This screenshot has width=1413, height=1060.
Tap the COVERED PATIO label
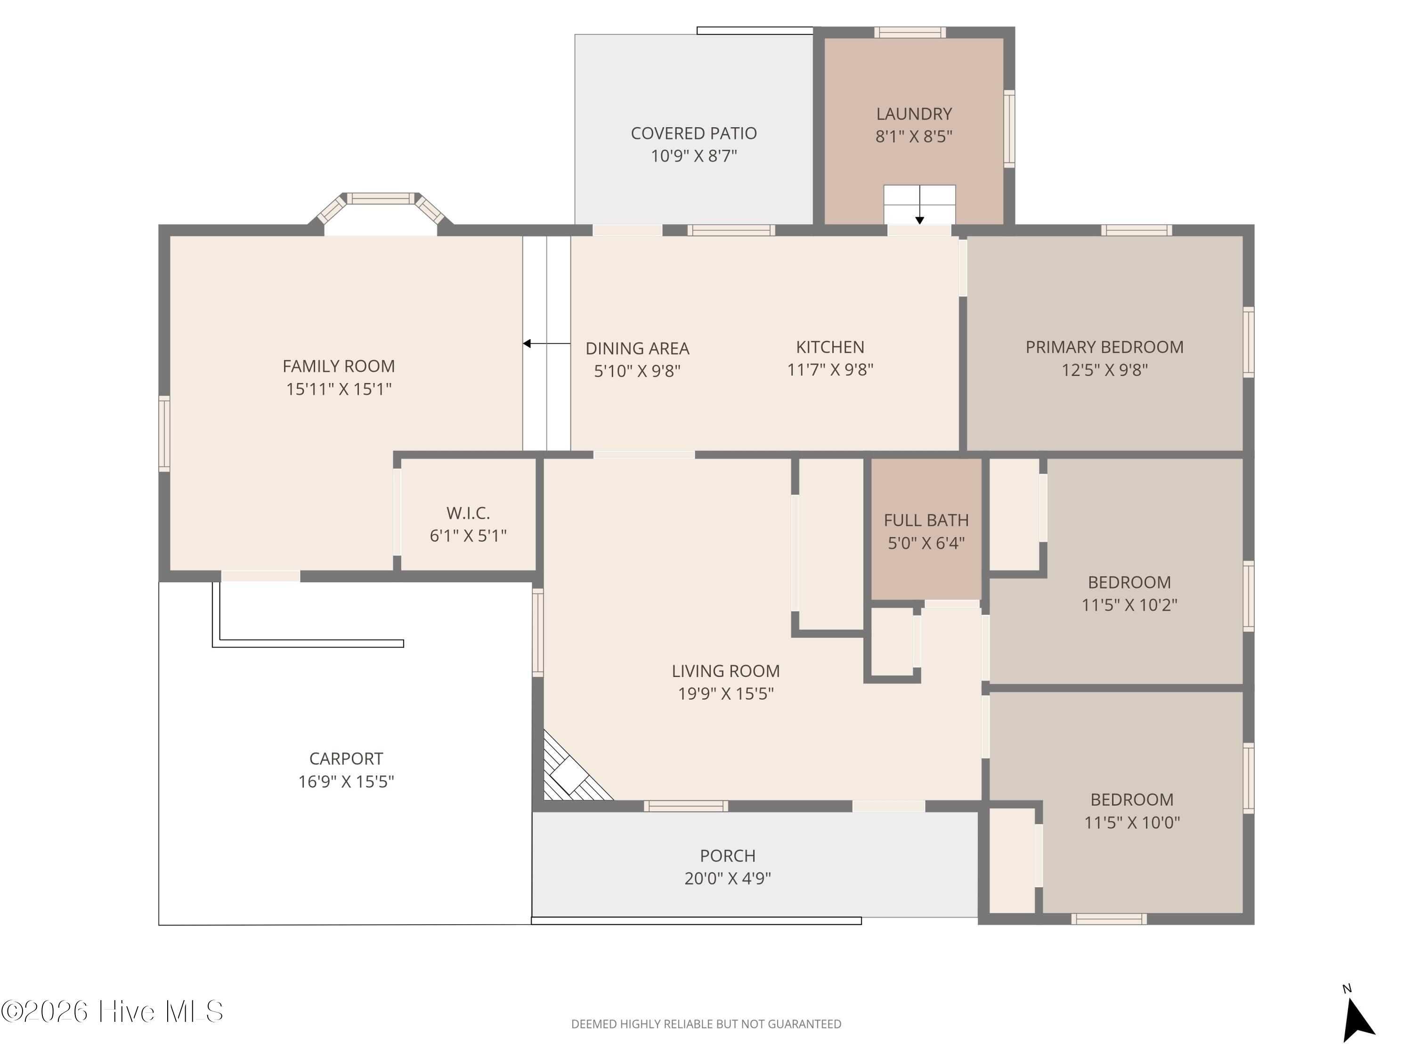click(694, 133)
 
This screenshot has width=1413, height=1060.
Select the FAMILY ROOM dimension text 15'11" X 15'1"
click(339, 389)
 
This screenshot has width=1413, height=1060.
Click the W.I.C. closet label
click(468, 513)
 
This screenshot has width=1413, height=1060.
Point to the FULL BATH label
click(926, 521)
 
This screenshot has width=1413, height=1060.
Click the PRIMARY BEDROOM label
click(1104, 347)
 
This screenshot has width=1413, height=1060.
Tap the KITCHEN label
click(830, 347)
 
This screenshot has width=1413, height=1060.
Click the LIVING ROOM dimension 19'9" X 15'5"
click(726, 694)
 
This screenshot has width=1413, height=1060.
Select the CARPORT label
click(346, 758)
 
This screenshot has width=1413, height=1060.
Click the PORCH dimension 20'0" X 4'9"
click(728, 879)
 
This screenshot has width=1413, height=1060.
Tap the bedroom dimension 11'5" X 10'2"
click(1129, 605)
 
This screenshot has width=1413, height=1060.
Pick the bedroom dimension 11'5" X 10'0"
click(1132, 822)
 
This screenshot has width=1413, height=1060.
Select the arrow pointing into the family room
click(546, 344)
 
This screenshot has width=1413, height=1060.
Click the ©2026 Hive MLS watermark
click(113, 1011)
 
